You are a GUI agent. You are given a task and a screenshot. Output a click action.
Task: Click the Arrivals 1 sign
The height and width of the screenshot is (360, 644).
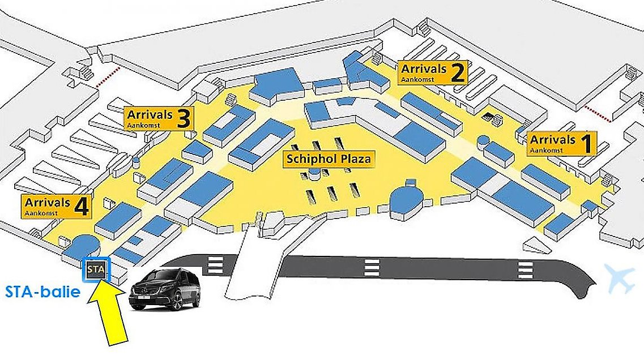click(561, 144)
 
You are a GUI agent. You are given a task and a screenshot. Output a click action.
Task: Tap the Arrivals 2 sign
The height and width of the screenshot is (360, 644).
click(433, 72)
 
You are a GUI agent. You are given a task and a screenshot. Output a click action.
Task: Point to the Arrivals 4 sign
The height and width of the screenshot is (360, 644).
click(56, 207)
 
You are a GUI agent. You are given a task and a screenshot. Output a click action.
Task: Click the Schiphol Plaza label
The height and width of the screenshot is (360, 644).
click(329, 159)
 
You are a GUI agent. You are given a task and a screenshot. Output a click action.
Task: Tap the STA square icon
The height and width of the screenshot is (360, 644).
click(96, 270)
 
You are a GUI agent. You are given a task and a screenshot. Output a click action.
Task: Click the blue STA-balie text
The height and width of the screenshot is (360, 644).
click(42, 292)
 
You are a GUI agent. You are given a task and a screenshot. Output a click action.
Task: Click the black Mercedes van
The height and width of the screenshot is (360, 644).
click(164, 289)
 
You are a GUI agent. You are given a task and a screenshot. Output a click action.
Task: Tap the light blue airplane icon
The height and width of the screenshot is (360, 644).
click(619, 278)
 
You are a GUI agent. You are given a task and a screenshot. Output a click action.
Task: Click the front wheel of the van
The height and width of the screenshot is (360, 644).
click(178, 302)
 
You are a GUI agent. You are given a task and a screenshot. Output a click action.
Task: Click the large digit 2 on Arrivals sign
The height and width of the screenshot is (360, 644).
click(458, 72)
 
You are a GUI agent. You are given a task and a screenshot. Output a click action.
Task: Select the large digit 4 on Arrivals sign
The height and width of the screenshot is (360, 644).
click(81, 206)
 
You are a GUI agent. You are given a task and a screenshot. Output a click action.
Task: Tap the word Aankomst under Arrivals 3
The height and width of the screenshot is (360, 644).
click(144, 125)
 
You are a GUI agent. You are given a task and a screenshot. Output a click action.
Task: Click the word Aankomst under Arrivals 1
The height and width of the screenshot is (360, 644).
click(546, 150)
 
